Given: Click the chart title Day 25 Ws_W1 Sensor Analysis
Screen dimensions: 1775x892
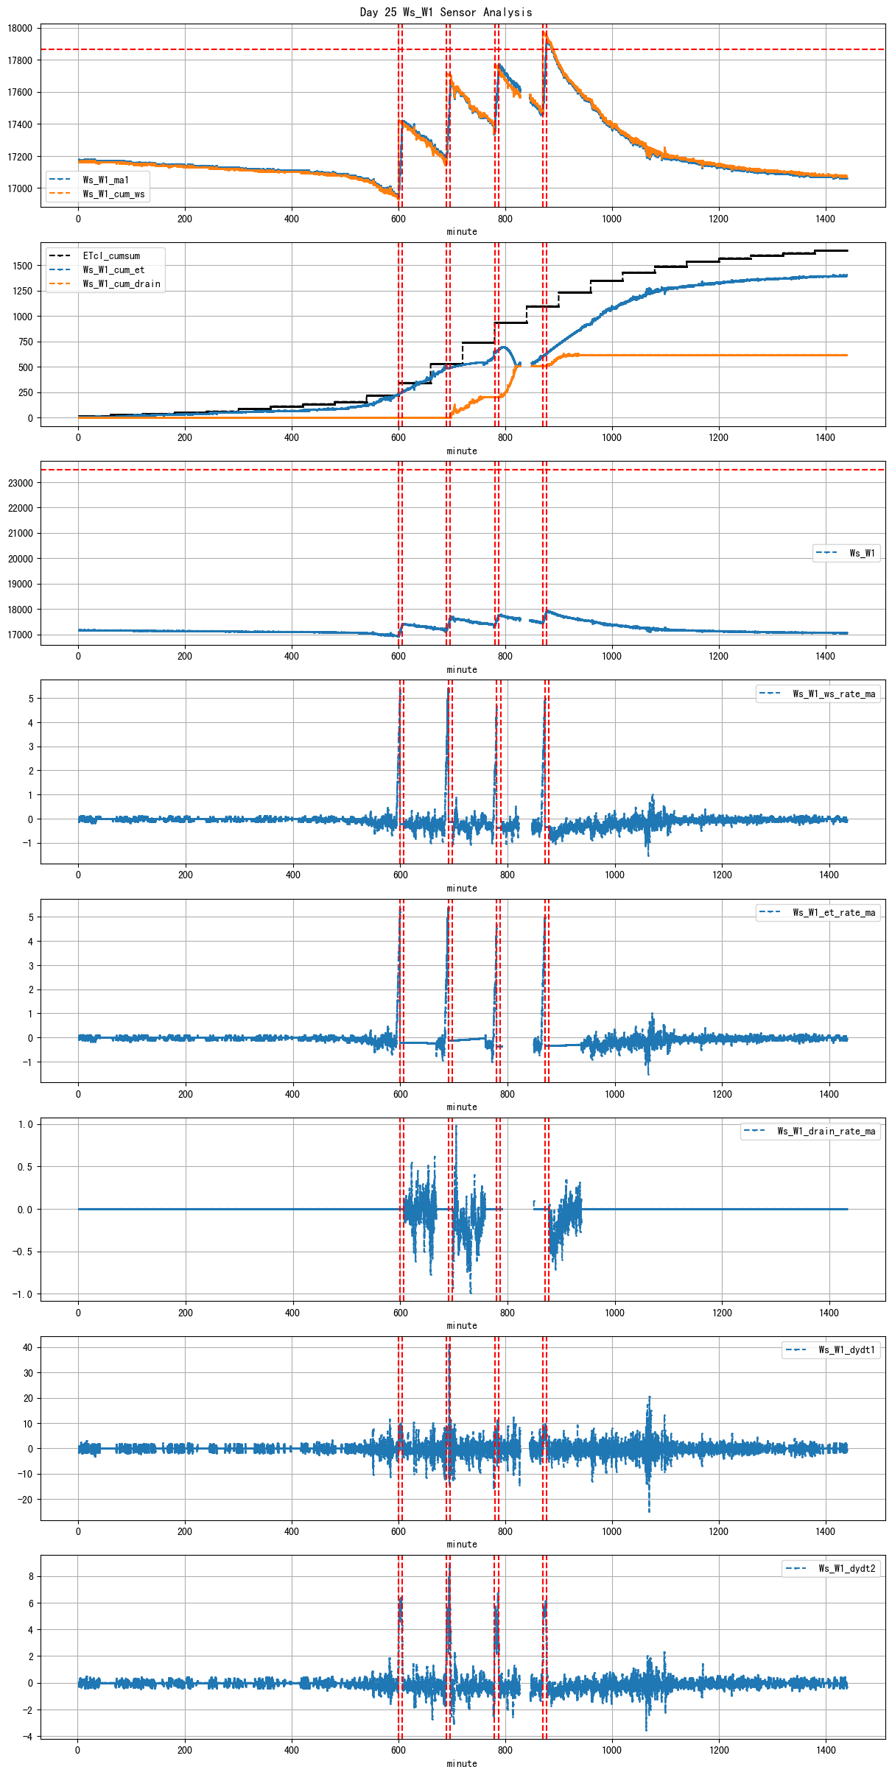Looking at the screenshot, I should (446, 12).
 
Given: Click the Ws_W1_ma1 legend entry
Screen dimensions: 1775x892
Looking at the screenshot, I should (105, 180).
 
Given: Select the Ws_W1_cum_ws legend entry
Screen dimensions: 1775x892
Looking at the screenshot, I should (113, 194).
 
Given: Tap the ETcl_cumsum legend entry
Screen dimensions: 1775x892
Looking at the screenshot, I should (110, 255).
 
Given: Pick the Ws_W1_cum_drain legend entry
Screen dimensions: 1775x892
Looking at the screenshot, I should (121, 283).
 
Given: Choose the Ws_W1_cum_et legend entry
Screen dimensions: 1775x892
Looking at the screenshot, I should (113, 269).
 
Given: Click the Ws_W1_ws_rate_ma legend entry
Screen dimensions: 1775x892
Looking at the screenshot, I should (834, 694).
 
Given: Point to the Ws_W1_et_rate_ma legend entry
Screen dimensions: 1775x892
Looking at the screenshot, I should (834, 912).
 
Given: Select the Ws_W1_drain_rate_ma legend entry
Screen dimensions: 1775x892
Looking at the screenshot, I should (826, 1131).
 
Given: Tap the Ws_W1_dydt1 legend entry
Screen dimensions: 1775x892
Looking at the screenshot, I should (846, 1349).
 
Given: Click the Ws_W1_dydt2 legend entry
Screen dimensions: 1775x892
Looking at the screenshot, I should (846, 1568).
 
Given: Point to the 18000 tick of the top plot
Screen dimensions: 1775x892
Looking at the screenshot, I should (20, 29).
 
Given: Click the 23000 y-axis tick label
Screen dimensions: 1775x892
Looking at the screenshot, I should (20, 483).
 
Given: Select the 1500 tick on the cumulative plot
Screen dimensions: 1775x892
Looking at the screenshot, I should (23, 266).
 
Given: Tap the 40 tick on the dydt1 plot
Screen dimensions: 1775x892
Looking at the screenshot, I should (27, 1347).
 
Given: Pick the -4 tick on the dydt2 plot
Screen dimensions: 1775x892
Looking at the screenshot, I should (27, 1736).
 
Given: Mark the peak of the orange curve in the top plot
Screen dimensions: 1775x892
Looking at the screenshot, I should (544, 32).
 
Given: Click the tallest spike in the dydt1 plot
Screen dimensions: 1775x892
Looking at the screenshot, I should (448, 1344).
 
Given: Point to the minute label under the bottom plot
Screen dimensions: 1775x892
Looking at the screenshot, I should (462, 1763).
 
